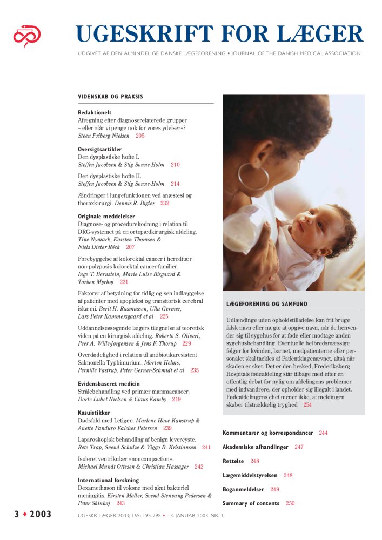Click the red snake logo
(x=27, y=36)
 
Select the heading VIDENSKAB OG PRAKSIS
(x=110, y=97)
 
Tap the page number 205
(x=140, y=136)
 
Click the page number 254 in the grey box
(x=307, y=404)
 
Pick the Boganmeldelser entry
(x=243, y=489)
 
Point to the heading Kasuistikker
(x=94, y=413)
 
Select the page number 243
(x=120, y=503)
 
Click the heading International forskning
(x=108, y=480)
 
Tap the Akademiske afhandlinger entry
(x=255, y=447)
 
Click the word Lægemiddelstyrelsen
(x=250, y=475)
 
